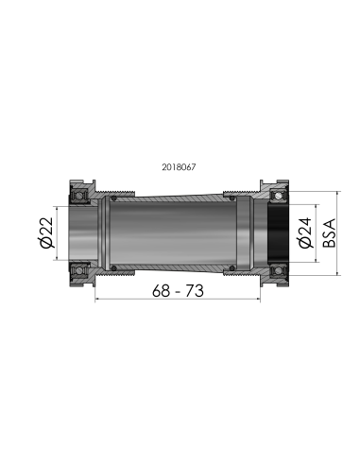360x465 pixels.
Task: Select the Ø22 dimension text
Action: pyautogui.click(x=45, y=232)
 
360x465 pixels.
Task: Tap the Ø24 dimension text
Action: pyautogui.click(x=305, y=232)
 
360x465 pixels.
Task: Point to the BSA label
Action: pyautogui.click(x=328, y=232)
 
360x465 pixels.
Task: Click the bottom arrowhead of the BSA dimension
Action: pyautogui.click(x=337, y=272)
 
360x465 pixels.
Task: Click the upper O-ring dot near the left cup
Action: pyautogui.click(x=112, y=199)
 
